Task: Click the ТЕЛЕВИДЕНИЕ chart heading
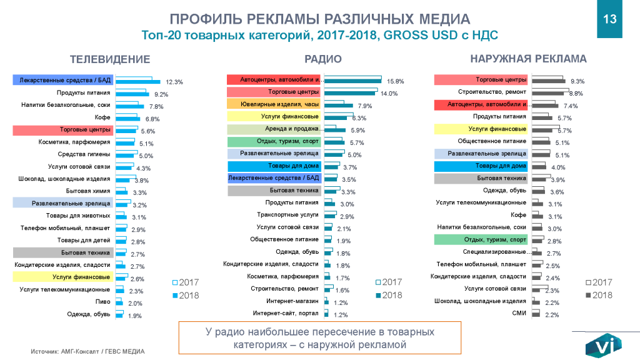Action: [x=110, y=59]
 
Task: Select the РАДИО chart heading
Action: [x=322, y=59]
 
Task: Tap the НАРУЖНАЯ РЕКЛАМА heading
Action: [x=528, y=59]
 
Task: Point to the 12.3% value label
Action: [x=174, y=82]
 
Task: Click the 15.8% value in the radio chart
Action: [x=396, y=81]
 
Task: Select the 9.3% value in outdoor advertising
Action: [x=577, y=81]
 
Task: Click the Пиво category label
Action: [x=104, y=302]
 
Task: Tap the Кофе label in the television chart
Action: [x=103, y=117]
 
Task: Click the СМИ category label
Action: [x=519, y=312]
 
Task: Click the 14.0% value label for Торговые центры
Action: [x=389, y=94]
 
